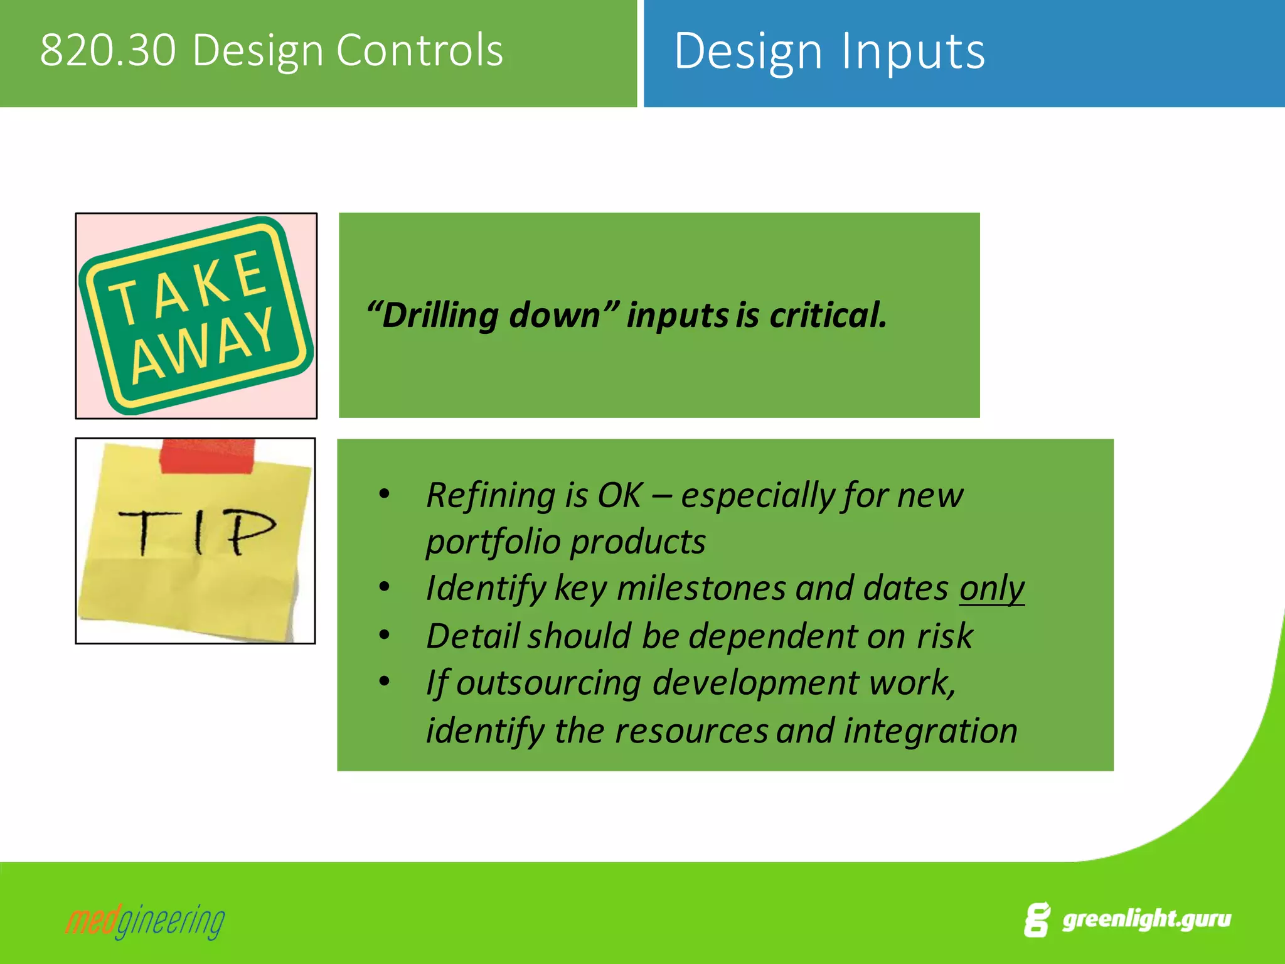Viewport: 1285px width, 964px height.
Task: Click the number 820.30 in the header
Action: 108,50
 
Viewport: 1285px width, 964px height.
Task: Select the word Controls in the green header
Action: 420,50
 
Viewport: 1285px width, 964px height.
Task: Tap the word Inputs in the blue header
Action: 913,51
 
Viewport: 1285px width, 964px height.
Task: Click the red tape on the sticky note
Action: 208,456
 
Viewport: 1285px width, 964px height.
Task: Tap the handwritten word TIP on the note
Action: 197,532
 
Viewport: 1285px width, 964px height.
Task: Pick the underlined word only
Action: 991,589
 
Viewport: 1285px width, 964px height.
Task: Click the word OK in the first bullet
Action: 620,495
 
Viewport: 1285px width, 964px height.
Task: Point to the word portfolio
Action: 493,542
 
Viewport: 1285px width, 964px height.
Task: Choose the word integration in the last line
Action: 930,731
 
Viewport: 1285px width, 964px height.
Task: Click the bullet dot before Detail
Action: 385,635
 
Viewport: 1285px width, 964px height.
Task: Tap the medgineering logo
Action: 145,921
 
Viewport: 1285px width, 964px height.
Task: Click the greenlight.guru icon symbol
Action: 1037,920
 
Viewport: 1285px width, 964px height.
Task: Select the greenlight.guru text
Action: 1146,919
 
